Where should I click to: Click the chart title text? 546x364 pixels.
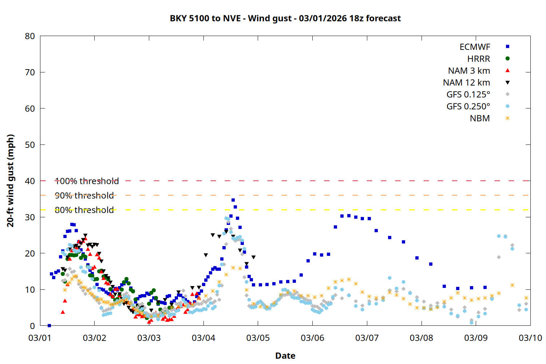(x=285, y=18)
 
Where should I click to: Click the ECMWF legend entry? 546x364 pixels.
(x=475, y=47)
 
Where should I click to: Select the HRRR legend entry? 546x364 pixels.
(x=479, y=59)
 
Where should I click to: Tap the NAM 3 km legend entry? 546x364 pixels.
(x=469, y=71)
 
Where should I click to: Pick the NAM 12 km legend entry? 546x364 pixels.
(x=466, y=83)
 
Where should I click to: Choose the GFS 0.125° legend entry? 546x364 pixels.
(x=468, y=95)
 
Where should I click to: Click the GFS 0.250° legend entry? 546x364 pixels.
(x=468, y=107)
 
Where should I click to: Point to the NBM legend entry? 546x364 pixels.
(x=480, y=118)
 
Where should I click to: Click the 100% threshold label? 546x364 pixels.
(x=87, y=181)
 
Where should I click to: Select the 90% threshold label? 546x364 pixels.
(x=84, y=195)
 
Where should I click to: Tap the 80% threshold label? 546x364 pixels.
(x=84, y=210)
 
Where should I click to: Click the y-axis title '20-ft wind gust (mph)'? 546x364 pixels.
(x=11, y=181)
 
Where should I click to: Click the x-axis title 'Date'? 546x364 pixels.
(x=285, y=356)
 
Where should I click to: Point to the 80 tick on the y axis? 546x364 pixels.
(x=30, y=36)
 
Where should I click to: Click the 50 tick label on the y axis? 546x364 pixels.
(x=30, y=145)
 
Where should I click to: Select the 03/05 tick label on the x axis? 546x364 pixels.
(x=258, y=338)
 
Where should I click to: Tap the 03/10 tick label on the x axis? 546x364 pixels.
(x=530, y=338)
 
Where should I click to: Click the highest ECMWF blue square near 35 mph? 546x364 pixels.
(x=233, y=200)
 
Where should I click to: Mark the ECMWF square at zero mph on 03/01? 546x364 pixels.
(x=49, y=325)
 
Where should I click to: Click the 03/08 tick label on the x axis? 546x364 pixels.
(x=421, y=338)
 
